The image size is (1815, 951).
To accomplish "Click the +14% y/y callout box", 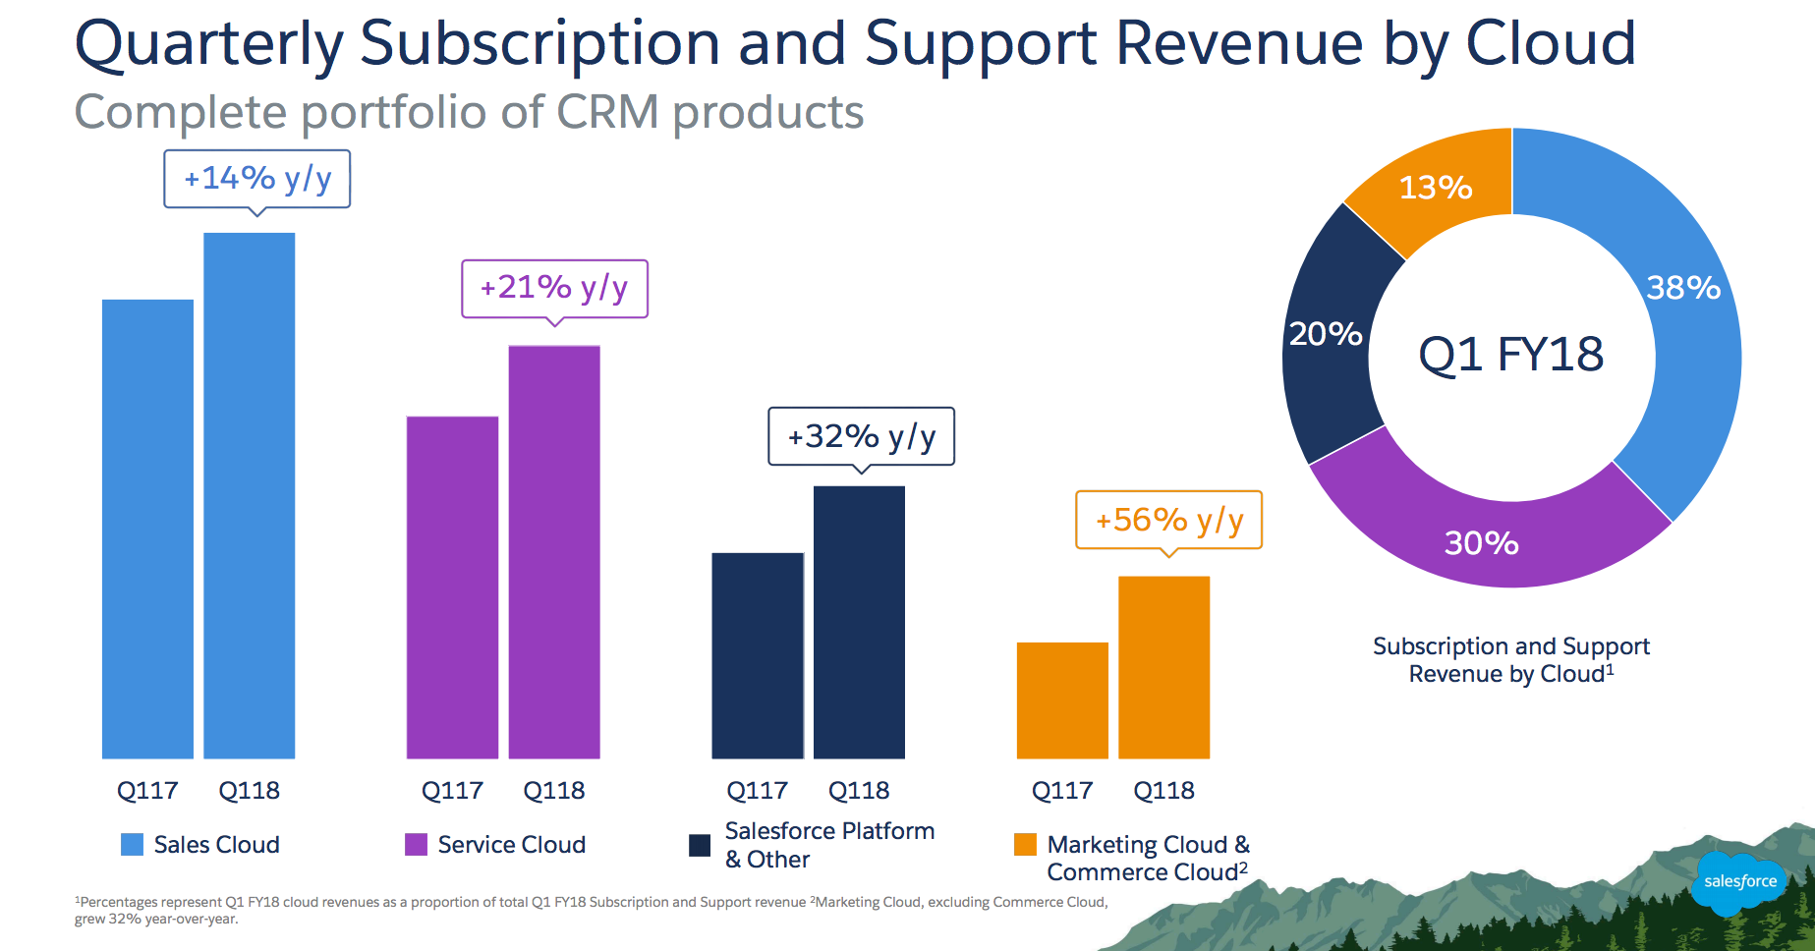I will point(257,179).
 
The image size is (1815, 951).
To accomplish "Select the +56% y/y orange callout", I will point(1168,520).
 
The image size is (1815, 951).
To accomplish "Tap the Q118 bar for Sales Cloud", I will point(250,495).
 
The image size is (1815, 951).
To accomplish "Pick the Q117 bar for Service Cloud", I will point(452,587).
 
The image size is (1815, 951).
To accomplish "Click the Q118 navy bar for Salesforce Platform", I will point(859,622).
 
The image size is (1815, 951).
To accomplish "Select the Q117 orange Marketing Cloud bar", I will point(1062,700).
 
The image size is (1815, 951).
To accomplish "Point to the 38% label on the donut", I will point(1683,288).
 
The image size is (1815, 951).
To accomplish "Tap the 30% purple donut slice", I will point(1482,542).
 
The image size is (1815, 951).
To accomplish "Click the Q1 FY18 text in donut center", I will point(1510,355).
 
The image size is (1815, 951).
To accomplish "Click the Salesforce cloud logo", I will point(1739,881).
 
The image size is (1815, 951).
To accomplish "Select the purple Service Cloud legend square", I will point(416,845).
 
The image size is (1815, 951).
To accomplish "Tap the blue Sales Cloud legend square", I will point(132,845).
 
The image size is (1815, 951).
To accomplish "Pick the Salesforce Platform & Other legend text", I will point(828,845).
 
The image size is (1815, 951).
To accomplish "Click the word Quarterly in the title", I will point(208,45).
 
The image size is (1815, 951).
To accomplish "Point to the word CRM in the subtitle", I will point(607,112).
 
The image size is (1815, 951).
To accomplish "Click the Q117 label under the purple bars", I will point(452,791).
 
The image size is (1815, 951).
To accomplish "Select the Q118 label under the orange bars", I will point(1163,791).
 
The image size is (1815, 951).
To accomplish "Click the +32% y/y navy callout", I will point(861,436).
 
